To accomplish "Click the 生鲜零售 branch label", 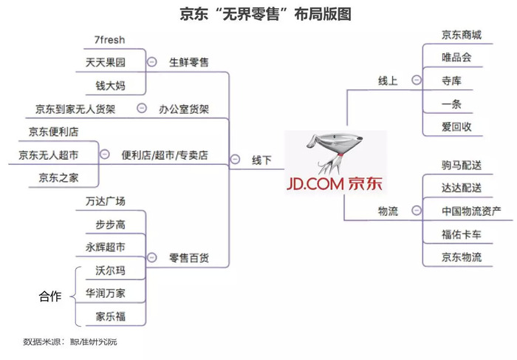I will point(188,62).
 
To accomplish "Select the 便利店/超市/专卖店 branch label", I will point(165,155).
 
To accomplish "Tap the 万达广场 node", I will point(105,201).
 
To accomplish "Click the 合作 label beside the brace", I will point(51,296).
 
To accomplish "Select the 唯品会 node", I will point(456,57).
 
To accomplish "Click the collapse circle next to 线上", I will point(416,81).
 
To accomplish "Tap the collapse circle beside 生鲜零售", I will point(152,62).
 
